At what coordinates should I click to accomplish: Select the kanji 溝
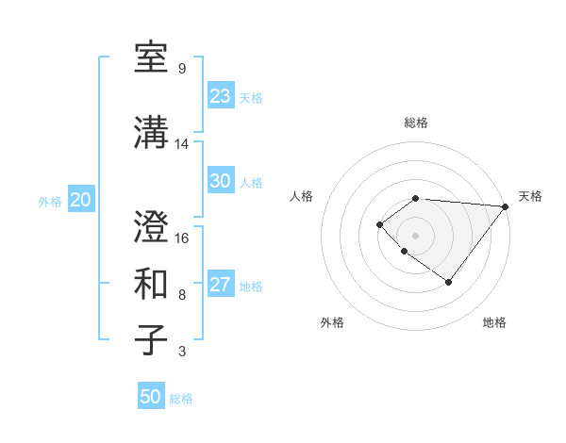pos(152,133)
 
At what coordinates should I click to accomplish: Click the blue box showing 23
pos(221,96)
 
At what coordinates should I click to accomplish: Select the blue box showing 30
pos(221,181)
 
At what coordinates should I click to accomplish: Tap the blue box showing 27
pos(221,286)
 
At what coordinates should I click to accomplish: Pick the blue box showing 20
pos(81,200)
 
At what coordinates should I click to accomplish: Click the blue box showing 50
pos(151,397)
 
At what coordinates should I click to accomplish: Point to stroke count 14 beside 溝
pos(182,144)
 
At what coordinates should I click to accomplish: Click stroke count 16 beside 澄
pos(182,238)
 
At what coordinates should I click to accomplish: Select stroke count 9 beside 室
pos(181,69)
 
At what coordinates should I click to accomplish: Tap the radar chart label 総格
pos(416,123)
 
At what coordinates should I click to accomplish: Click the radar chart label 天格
pos(531,196)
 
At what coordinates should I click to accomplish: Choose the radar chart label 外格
pos(332,322)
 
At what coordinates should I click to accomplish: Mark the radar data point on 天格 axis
pos(506,205)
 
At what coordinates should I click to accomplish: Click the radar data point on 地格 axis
pos(448,282)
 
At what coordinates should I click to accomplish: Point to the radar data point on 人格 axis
pos(379,223)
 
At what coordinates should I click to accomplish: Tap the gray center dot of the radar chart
pos(416,235)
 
